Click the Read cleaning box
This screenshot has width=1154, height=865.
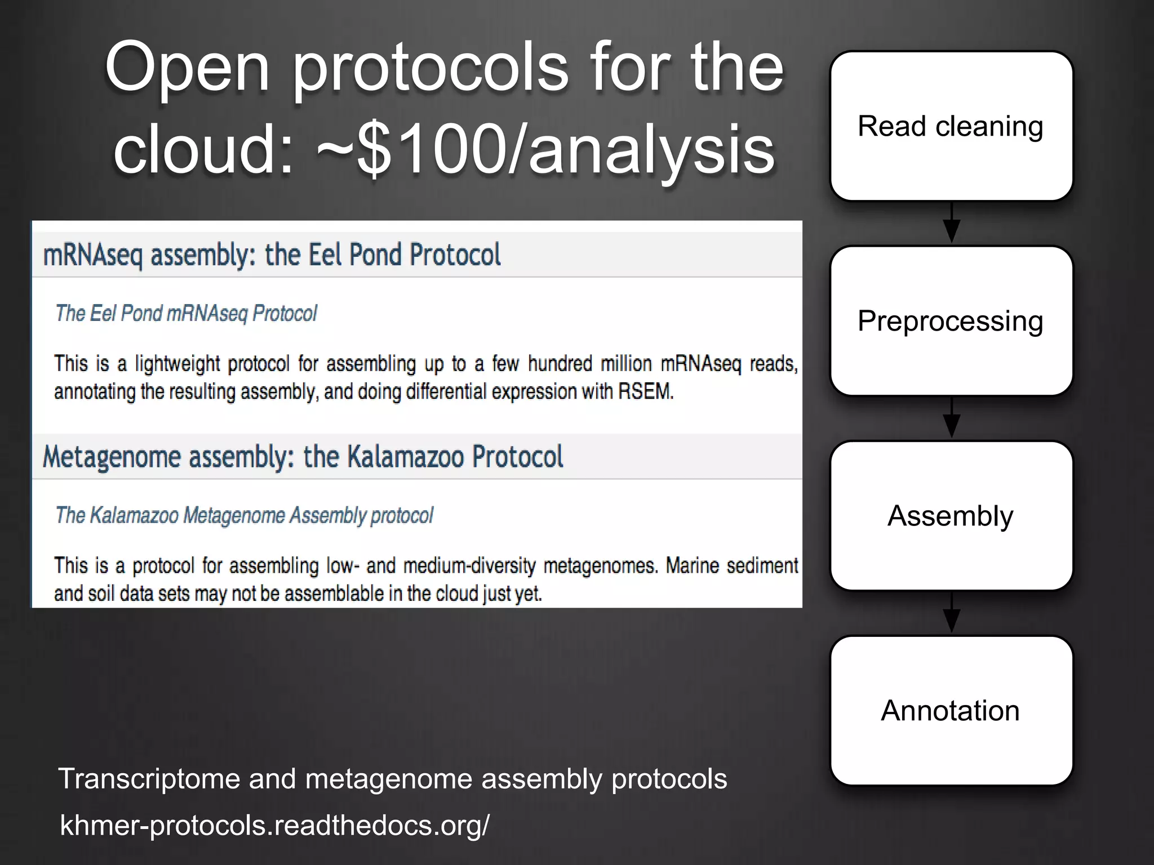click(x=951, y=126)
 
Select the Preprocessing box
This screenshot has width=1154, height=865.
click(x=951, y=321)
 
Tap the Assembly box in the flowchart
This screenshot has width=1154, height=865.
click(x=951, y=516)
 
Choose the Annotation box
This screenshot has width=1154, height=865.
click(x=951, y=711)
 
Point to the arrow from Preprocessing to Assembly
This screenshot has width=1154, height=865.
click(x=952, y=418)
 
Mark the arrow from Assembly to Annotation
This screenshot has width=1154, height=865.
click(x=952, y=613)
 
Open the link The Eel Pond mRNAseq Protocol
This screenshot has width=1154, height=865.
click(x=186, y=313)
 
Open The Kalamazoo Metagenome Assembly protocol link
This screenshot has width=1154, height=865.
click(x=244, y=515)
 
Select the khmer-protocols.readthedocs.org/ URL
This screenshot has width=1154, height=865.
click(x=275, y=825)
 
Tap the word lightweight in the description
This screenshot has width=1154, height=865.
click(x=177, y=364)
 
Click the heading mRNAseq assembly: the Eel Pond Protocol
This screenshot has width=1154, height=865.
click(x=272, y=255)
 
